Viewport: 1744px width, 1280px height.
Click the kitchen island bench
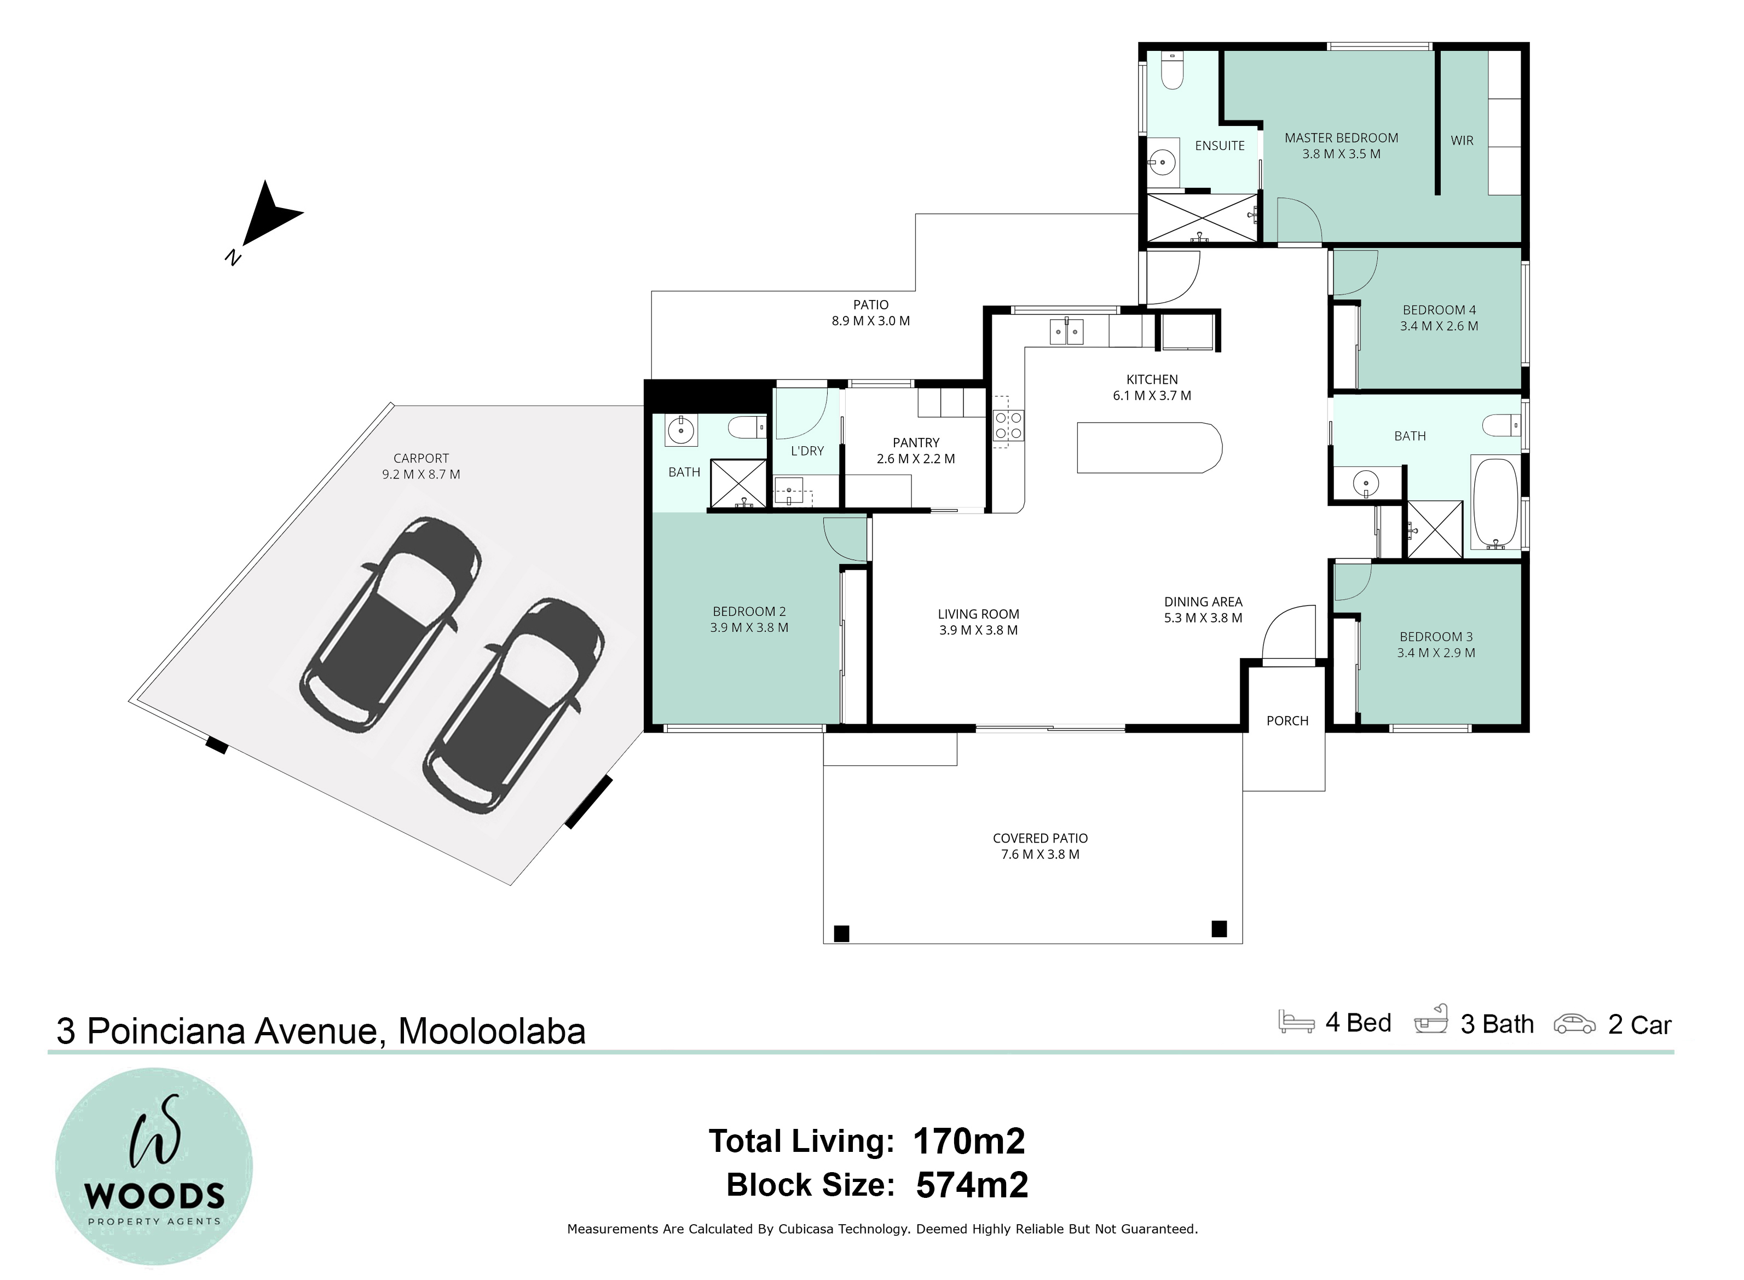[1149, 447]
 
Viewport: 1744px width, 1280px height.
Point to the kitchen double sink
[1067, 332]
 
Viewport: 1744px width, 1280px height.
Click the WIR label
[1462, 140]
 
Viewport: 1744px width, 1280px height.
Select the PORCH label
[1287, 720]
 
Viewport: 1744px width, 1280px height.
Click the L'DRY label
[807, 451]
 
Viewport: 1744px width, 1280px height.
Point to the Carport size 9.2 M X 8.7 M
[421, 474]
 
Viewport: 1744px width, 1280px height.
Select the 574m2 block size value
[972, 1185]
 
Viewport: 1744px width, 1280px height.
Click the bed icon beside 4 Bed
[1296, 1021]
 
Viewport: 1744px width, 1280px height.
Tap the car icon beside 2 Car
[1574, 1024]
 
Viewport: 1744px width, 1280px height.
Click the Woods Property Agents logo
[154, 1167]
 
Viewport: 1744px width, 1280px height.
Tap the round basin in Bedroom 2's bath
[681, 429]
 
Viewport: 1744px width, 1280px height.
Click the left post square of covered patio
[841, 933]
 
